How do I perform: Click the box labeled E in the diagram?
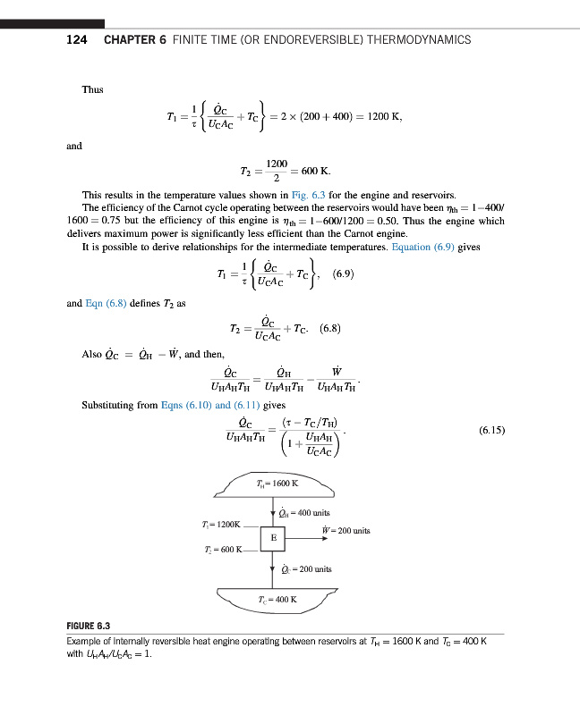click(x=272, y=539)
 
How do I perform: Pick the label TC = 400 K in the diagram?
click(x=276, y=599)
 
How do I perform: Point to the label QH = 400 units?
click(x=304, y=513)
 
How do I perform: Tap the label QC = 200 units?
click(x=306, y=568)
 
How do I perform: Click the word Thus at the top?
click(x=92, y=90)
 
